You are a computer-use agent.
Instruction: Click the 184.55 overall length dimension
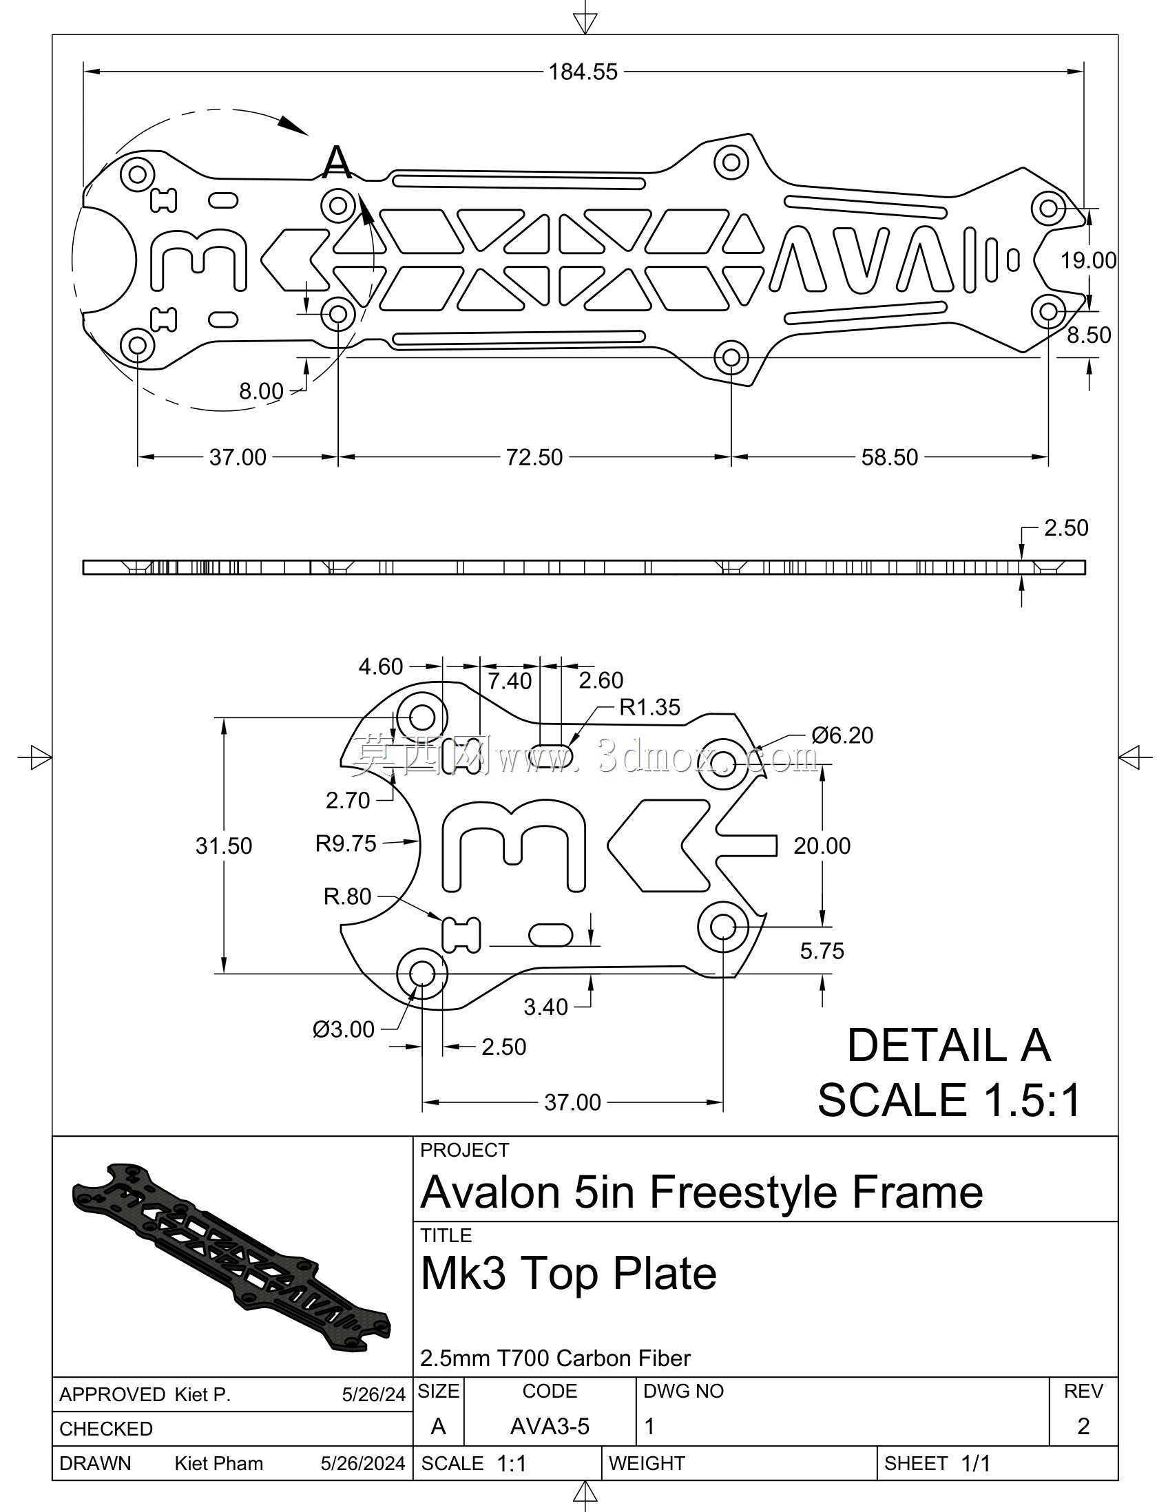pos(583,72)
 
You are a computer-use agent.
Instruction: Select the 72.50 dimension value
pos(534,457)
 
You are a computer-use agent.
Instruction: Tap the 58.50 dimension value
pos(890,457)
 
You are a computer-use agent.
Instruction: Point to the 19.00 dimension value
pos(1088,260)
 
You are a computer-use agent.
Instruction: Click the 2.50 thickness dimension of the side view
pos(1066,528)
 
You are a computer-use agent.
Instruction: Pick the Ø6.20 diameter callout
pos(842,735)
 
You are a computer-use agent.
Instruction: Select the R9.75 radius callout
pos(346,843)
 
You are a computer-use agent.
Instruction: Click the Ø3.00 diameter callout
pos(344,1029)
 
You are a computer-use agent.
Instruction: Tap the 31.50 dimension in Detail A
pos(224,846)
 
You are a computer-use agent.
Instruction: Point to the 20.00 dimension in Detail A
pos(822,846)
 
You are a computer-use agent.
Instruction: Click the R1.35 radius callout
pos(649,707)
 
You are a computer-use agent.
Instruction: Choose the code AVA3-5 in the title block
pos(550,1426)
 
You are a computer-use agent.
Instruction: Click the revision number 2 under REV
pos(1083,1426)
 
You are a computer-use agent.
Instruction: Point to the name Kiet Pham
pos(219,1464)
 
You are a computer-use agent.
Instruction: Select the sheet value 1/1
pos(976,1464)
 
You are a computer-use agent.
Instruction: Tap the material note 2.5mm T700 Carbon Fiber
pos(555,1358)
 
